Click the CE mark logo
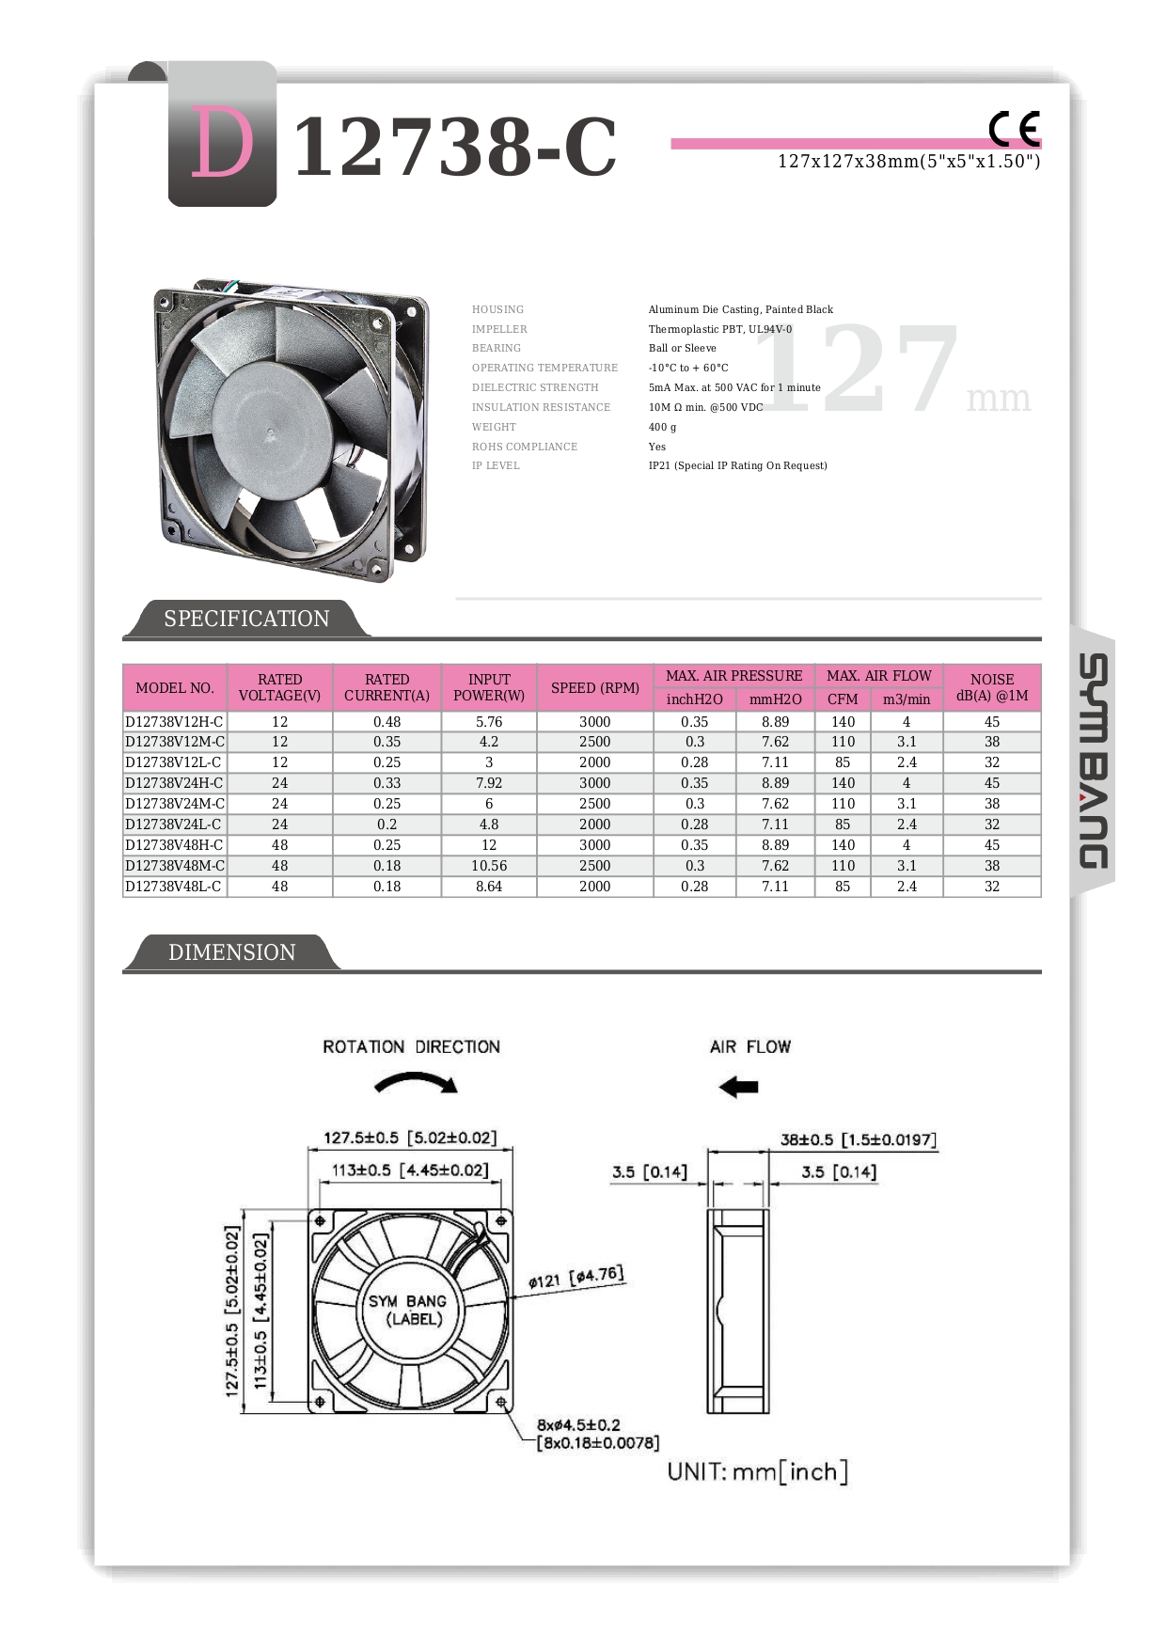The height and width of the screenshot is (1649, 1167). pyautogui.click(x=1014, y=128)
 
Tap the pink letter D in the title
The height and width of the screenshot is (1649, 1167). pyautogui.click(x=222, y=143)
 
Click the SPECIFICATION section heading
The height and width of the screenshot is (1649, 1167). pyautogui.click(x=246, y=619)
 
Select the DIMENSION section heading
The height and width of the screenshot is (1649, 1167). pyautogui.click(x=231, y=952)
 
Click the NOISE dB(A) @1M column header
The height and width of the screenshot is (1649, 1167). pyautogui.click(x=991, y=687)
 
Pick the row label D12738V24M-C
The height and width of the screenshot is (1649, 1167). pyautogui.click(x=175, y=804)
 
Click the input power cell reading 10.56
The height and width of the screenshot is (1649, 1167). pyautogui.click(x=489, y=866)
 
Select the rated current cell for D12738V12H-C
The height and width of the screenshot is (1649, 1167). pyautogui.click(x=386, y=722)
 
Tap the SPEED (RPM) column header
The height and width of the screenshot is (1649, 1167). pyautogui.click(x=594, y=687)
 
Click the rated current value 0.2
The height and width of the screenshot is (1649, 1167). pyautogui.click(x=386, y=824)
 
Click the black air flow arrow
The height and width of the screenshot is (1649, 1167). pyautogui.click(x=738, y=1087)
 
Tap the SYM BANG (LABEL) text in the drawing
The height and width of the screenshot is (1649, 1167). pyautogui.click(x=407, y=1310)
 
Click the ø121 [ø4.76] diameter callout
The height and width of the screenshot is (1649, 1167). pyautogui.click(x=576, y=1278)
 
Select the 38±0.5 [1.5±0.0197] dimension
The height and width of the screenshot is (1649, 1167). pyautogui.click(x=859, y=1139)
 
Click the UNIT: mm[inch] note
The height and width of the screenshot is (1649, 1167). pyautogui.click(x=757, y=1471)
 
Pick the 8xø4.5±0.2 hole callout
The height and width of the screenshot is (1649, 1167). pyautogui.click(x=578, y=1425)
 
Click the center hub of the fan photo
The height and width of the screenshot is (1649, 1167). pyautogui.click(x=269, y=431)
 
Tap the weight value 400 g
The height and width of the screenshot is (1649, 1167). pyautogui.click(x=662, y=427)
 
